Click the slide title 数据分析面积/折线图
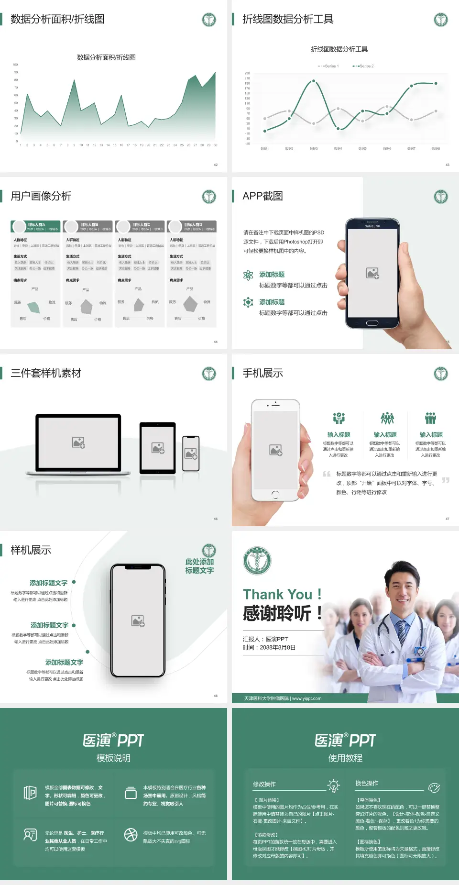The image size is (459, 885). [x=57, y=19]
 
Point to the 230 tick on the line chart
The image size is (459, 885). [x=247, y=73]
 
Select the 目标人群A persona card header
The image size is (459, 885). [x=36, y=226]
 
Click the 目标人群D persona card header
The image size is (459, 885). [x=192, y=226]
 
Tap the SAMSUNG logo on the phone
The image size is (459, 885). [x=372, y=226]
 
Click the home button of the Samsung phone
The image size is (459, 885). [x=372, y=323]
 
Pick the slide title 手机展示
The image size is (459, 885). [x=262, y=373]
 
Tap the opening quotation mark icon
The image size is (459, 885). [x=327, y=474]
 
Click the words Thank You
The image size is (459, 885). [x=277, y=594]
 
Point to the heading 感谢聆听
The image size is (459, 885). [x=277, y=613]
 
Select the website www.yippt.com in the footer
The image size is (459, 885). [x=306, y=698]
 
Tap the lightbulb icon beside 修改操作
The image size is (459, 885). [x=333, y=785]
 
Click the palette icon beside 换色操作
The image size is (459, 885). [x=434, y=787]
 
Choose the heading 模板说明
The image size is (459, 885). [x=113, y=758]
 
